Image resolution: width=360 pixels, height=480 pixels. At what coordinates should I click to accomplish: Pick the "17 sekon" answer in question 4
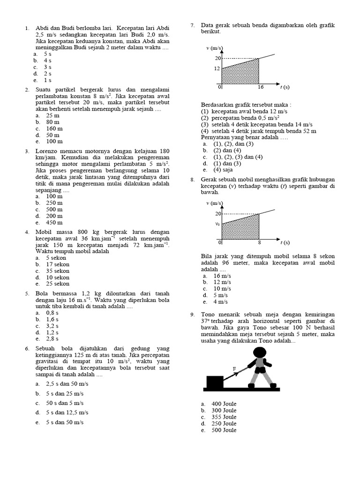[57, 264]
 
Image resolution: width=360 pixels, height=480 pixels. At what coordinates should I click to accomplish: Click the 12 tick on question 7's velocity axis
[217, 68]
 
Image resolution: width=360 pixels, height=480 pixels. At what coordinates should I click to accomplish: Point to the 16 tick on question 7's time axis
[261, 87]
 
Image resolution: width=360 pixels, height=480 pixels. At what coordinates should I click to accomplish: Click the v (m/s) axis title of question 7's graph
[215, 48]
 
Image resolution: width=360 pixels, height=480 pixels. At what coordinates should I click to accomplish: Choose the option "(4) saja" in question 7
[223, 170]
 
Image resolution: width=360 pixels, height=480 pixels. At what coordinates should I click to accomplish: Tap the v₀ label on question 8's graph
[217, 224]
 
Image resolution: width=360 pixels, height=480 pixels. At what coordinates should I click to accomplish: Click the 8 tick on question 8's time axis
[259, 243]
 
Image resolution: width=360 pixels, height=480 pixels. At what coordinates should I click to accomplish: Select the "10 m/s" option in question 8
[222, 289]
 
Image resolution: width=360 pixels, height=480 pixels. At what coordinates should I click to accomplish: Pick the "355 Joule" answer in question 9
[224, 417]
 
